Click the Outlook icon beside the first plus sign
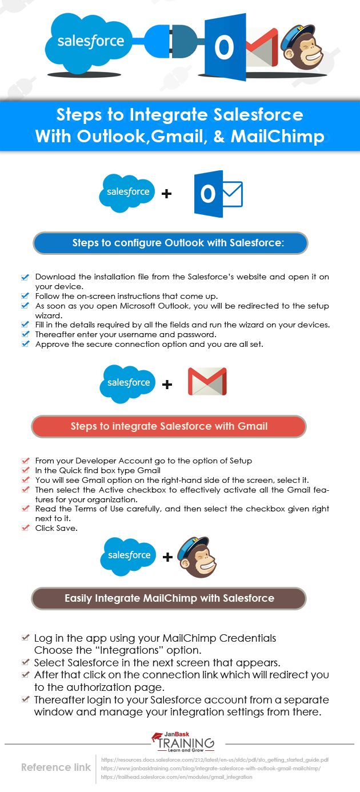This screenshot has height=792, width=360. tap(217, 193)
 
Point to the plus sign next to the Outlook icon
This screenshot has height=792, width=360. tap(166, 194)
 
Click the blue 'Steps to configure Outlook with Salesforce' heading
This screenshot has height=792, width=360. tap(170, 243)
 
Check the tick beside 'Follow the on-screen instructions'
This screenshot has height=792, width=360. tap(25, 296)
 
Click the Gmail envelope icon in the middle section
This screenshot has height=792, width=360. tap(207, 382)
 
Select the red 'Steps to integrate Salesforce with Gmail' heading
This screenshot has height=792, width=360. tap(169, 426)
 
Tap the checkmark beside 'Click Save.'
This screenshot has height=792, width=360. tap(25, 528)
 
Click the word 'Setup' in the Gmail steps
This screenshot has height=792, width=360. tap(240, 461)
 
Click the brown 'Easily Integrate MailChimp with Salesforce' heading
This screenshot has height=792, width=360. tap(169, 599)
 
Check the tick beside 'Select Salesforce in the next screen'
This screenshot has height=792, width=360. tap(25, 662)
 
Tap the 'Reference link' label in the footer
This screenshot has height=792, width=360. tap(56, 767)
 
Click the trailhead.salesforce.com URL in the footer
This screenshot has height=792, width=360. tap(176, 777)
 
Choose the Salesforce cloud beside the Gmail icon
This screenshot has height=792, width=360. tap(128, 383)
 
